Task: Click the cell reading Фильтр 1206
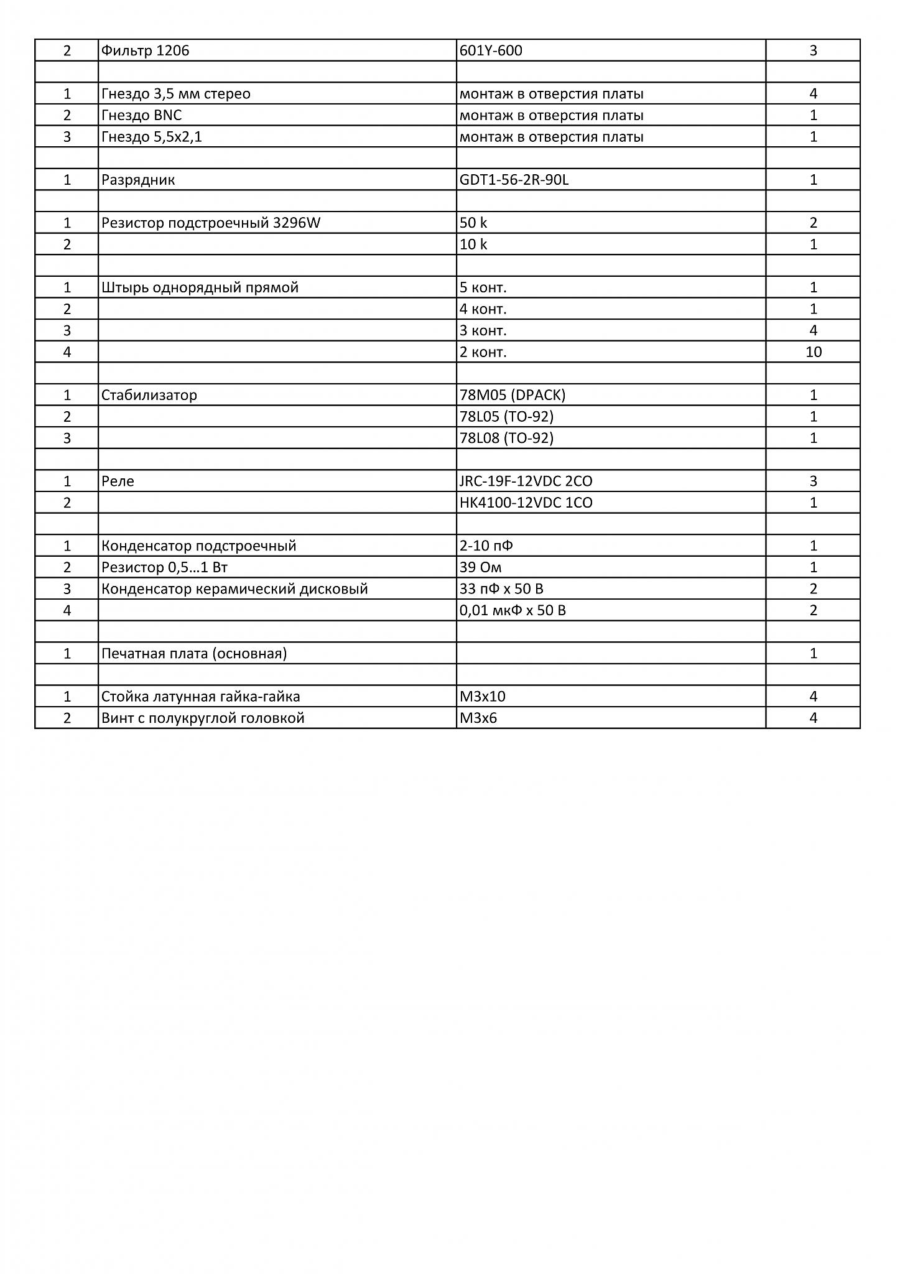(x=145, y=50)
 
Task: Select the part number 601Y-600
(x=491, y=50)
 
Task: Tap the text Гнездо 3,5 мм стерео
(x=176, y=94)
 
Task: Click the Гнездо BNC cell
(x=142, y=115)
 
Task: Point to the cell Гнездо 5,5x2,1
(x=152, y=137)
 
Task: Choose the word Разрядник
(x=138, y=180)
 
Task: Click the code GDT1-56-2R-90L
(x=514, y=180)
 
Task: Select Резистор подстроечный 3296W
(x=211, y=223)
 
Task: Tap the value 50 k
(x=473, y=223)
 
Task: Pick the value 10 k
(x=473, y=244)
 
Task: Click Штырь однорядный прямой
(x=200, y=287)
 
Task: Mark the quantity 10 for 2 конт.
(x=813, y=352)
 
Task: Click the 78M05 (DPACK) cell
(x=513, y=395)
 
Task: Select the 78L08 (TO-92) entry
(x=506, y=438)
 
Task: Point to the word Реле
(x=118, y=481)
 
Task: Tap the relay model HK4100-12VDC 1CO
(x=526, y=503)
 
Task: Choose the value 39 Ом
(x=480, y=567)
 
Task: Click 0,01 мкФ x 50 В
(x=513, y=610)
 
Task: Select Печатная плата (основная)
(x=194, y=654)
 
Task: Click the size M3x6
(x=478, y=718)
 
